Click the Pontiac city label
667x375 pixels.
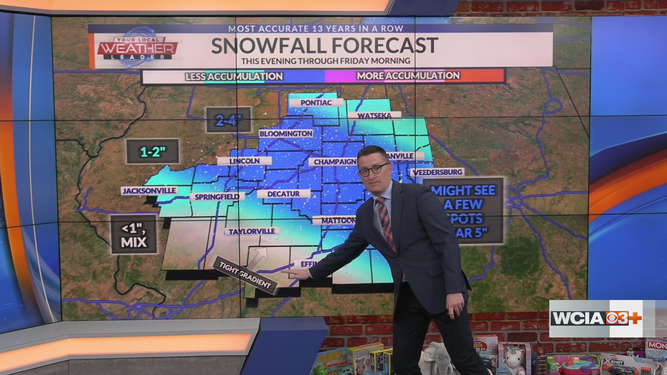point(316,103)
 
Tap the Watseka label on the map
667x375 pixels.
point(374,116)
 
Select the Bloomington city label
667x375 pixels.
point(286,134)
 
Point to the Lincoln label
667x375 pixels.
point(244,161)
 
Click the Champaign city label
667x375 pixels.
point(335,162)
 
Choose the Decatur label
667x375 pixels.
point(283,194)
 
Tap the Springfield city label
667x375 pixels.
point(217,197)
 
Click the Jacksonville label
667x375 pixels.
point(149,191)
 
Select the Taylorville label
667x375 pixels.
point(252,231)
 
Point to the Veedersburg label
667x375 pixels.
point(437,172)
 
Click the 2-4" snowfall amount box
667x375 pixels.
point(229,120)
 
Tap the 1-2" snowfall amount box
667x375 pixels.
point(153,151)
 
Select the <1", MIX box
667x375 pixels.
point(134,235)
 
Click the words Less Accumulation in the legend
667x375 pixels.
point(234,76)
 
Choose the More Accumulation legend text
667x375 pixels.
point(408,76)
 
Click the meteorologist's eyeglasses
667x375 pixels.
point(373,170)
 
